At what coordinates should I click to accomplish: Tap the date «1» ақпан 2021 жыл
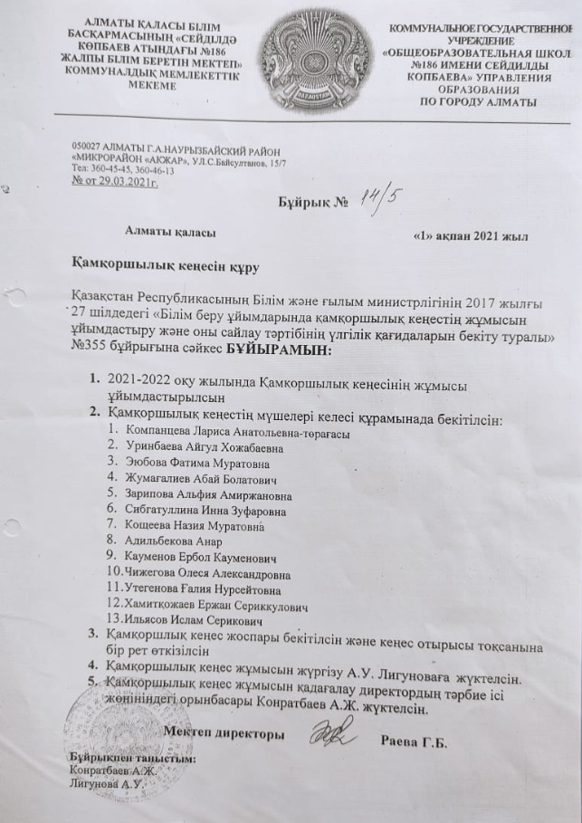coord(470,234)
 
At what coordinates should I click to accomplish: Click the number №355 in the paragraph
coord(94,351)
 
